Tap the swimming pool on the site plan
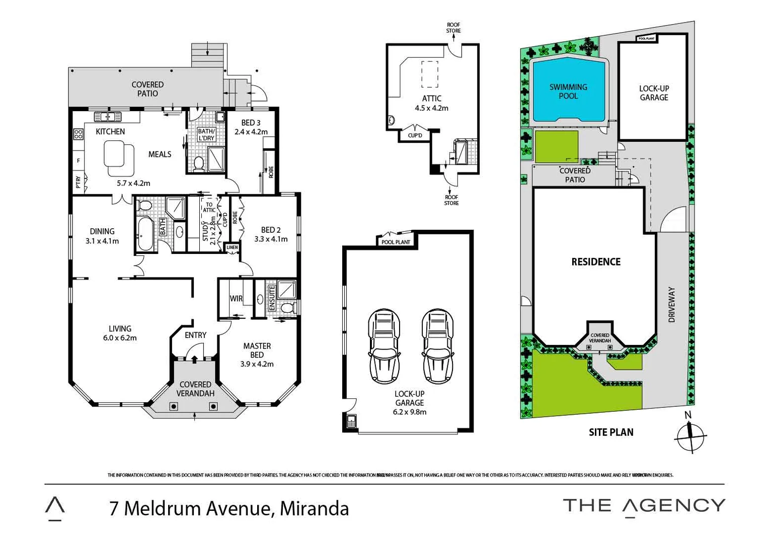click(568, 92)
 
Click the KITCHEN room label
click(110, 132)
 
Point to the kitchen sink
click(108, 117)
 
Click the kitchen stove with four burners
click(78, 134)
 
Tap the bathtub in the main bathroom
click(145, 234)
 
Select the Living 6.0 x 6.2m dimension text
click(120, 338)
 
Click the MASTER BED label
click(257, 350)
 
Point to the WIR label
click(236, 299)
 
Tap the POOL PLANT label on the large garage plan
click(396, 242)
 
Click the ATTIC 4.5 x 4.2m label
click(431, 104)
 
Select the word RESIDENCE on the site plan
click(596, 262)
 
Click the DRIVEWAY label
click(671, 305)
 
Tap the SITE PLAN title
click(611, 432)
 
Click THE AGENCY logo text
click(644, 506)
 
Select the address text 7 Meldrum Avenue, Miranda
click(229, 508)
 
